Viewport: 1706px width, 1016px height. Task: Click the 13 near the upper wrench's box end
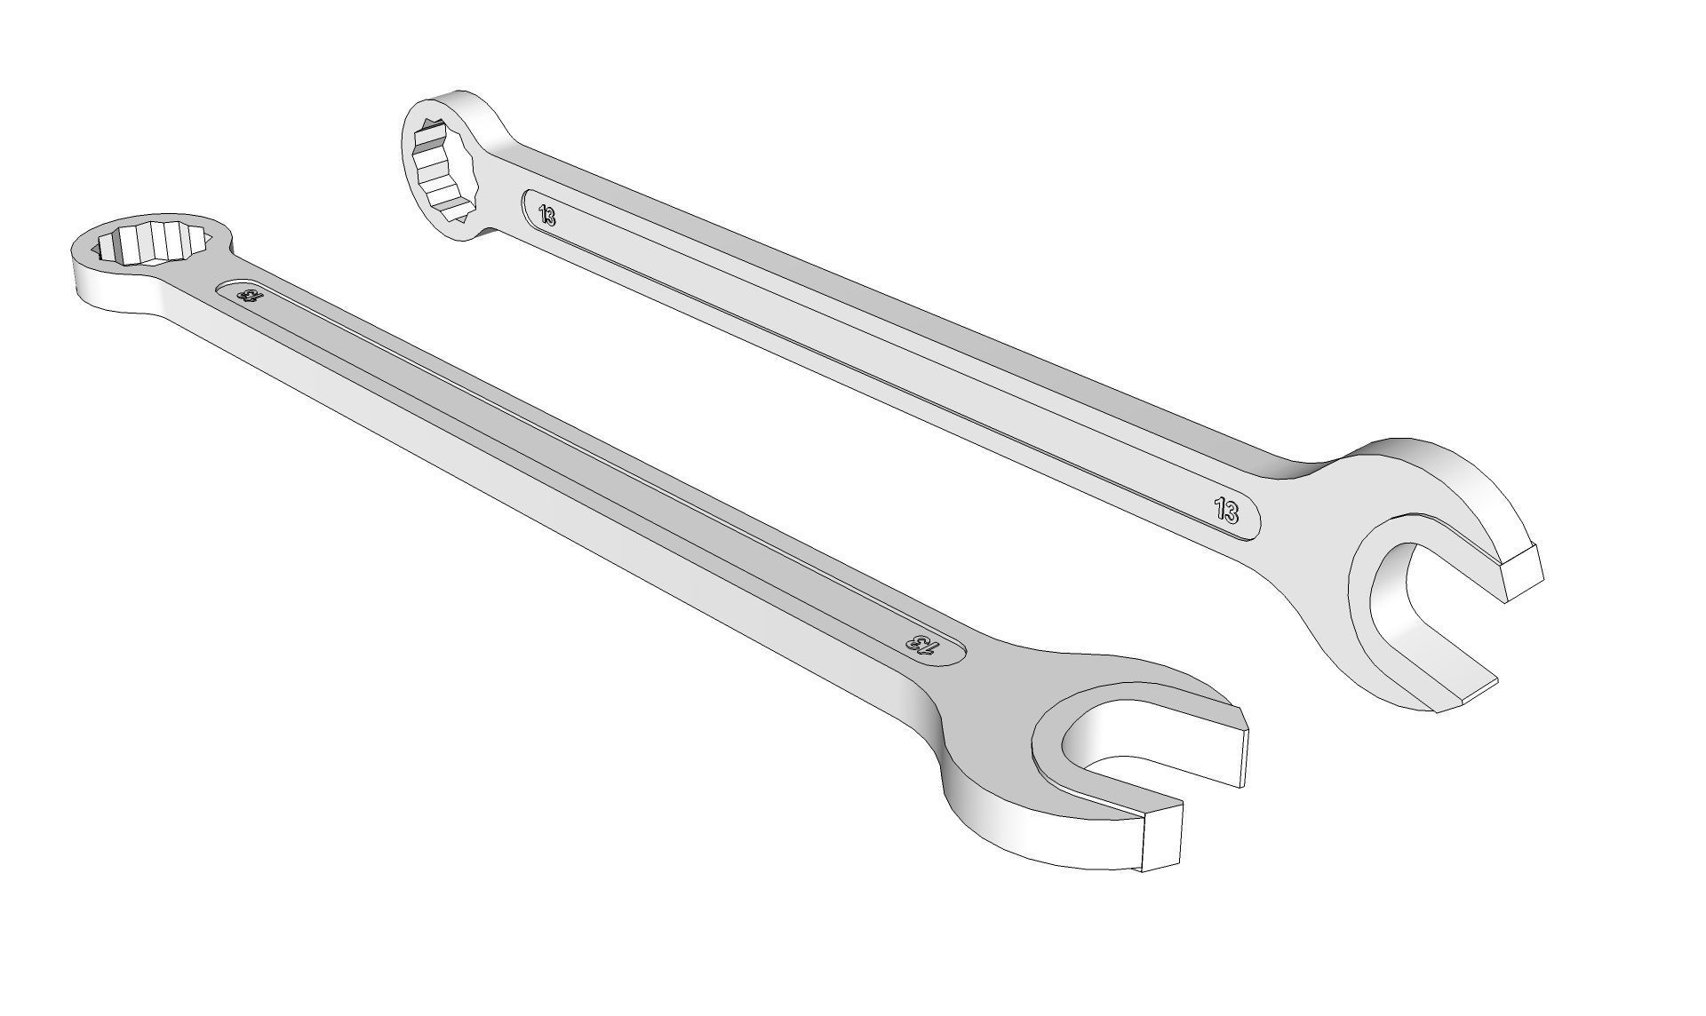[x=547, y=214]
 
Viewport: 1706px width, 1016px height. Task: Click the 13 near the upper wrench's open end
[x=1226, y=511]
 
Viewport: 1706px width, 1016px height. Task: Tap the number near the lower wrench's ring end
[x=247, y=296]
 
